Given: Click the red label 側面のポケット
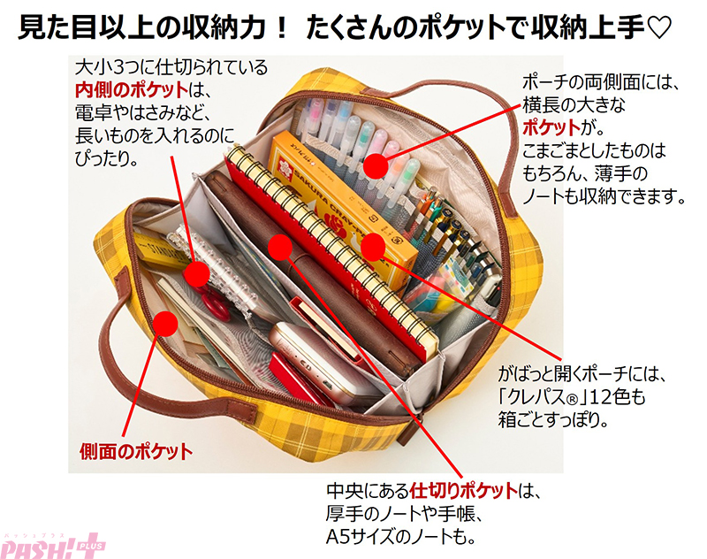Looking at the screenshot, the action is pyautogui.click(x=136, y=451).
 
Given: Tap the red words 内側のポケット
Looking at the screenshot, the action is pyautogui.click(x=132, y=90).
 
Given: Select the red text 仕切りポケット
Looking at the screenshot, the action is pyautogui.click(x=463, y=490).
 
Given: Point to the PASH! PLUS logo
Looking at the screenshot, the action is pyautogui.click(x=53, y=547).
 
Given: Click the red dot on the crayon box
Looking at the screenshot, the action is pyautogui.click(x=373, y=248).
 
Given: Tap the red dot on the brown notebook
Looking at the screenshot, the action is pyautogui.click(x=280, y=248).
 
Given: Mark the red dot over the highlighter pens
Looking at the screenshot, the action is pyautogui.click(x=376, y=165).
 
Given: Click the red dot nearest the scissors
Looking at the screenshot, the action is pyautogui.click(x=196, y=273).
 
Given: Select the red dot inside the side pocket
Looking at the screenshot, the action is pyautogui.click(x=165, y=324).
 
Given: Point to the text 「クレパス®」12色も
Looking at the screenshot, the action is pyautogui.click(x=572, y=396).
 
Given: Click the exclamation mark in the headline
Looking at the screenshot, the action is pyautogui.click(x=281, y=27).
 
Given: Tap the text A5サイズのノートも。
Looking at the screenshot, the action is pyautogui.click(x=400, y=536).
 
